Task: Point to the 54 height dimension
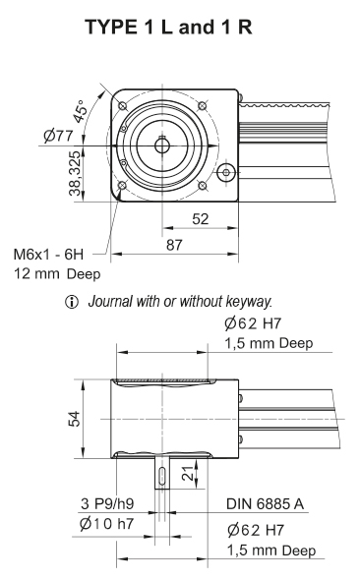71,418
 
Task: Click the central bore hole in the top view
162,145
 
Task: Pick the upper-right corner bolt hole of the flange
202,105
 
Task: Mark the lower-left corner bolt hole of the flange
122,185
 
